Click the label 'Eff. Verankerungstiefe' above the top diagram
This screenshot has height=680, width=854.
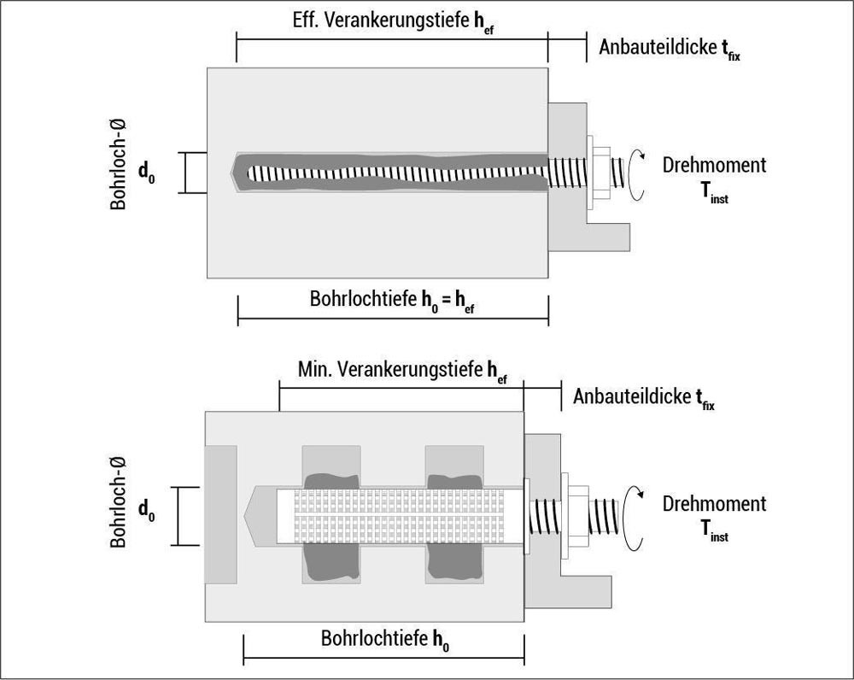381,21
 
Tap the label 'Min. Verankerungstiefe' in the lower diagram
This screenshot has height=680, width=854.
390,369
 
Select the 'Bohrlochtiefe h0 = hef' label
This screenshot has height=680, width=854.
392,300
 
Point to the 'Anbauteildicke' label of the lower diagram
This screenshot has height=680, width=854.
632,396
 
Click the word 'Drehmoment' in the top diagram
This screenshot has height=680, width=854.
714,165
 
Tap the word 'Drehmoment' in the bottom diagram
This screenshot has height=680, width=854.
714,503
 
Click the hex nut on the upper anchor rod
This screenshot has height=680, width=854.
602,173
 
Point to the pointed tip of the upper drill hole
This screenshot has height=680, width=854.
231,173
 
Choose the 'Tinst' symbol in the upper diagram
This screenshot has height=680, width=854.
714,193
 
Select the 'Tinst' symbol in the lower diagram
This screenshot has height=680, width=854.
714,531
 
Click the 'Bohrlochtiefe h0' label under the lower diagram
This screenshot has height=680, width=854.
385,639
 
